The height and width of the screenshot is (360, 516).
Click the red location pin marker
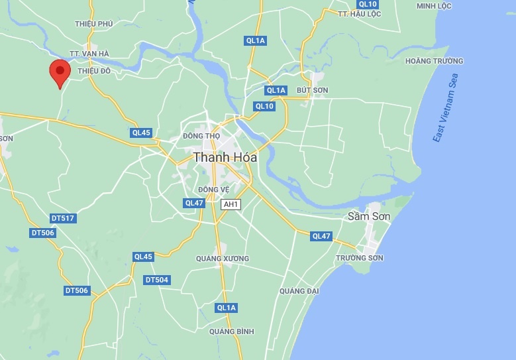60,72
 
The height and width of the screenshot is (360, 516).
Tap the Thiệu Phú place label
95,24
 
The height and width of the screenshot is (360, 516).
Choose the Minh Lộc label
433,6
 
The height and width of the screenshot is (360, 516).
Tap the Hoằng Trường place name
434,61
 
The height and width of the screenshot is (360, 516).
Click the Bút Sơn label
313,90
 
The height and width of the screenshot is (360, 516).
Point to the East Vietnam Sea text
445,107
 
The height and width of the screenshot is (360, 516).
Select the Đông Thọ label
201,136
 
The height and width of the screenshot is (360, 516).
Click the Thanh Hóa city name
225,157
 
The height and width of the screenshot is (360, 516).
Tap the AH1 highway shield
230,205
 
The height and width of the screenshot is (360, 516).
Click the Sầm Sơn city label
370,217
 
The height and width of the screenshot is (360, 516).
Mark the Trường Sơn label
360,258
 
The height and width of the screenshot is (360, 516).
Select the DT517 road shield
63,218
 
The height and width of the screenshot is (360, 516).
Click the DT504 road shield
157,280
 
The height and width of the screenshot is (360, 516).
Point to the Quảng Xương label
223,259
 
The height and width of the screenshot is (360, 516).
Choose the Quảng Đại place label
299,291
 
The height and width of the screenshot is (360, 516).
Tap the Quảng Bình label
232,331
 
